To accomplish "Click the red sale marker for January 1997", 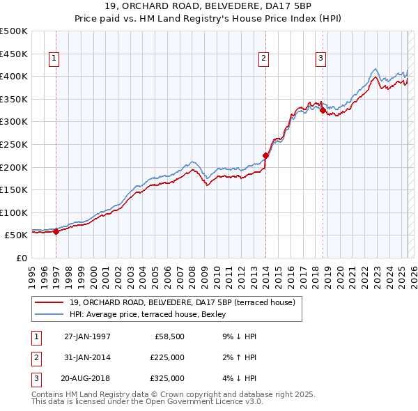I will tap(56, 232).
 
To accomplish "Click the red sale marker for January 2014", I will tap(265, 156).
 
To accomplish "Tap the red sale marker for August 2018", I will tap(323, 111).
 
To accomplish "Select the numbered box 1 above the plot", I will tap(54, 59).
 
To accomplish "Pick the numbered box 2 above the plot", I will tap(264, 59).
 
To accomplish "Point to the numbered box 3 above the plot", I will tap(320, 59).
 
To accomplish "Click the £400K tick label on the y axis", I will tap(14, 76).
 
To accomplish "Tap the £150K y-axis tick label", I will tap(14, 189).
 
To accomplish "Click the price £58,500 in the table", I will tap(169, 336).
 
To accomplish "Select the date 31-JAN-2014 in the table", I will tap(87, 357).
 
